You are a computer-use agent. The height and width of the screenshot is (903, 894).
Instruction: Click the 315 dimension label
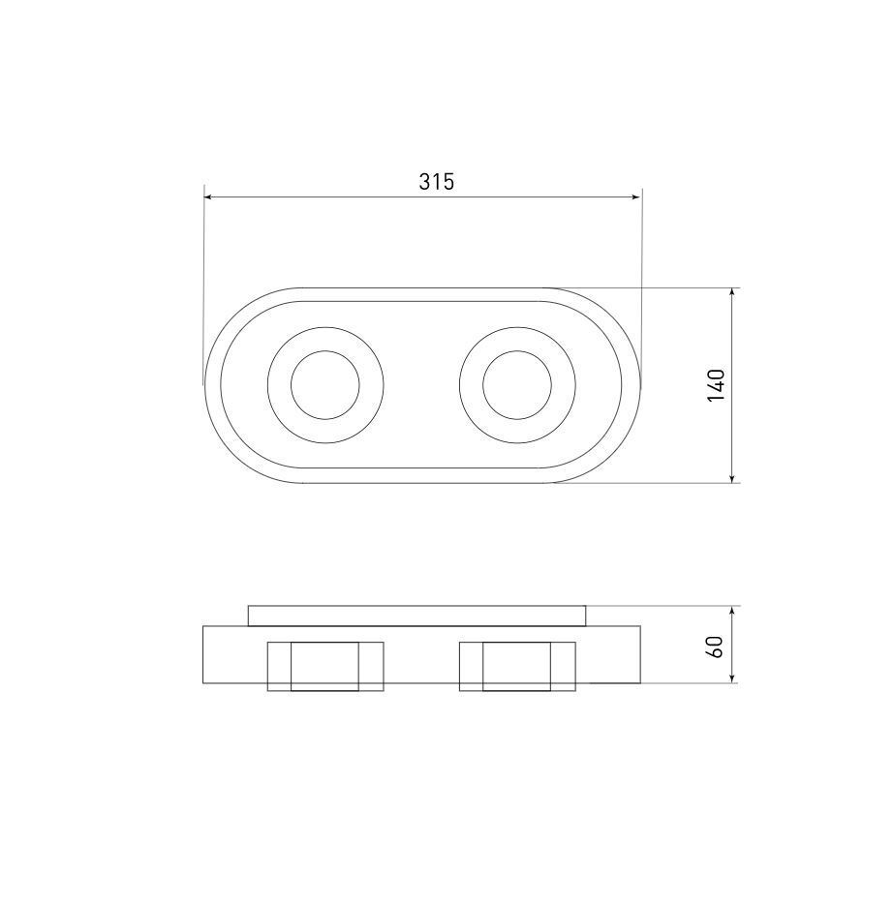click(436, 181)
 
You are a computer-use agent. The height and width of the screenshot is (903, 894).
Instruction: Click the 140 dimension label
click(717, 384)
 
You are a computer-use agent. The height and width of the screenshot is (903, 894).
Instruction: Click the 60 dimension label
click(715, 647)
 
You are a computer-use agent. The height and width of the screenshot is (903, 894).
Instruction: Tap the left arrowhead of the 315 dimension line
click(209, 197)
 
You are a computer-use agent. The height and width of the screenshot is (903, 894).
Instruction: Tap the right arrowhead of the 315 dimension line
click(635, 197)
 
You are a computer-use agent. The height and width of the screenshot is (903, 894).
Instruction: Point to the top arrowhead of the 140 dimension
click(732, 293)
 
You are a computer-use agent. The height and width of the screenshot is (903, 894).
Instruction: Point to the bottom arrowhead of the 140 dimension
click(732, 477)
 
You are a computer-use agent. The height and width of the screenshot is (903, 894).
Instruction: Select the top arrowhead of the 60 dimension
click(732, 611)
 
